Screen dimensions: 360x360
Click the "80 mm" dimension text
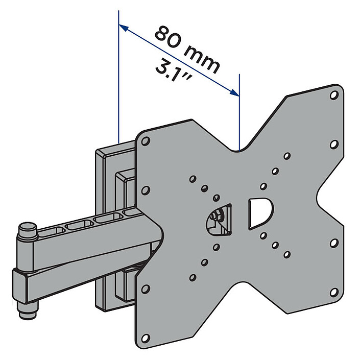click(x=187, y=50)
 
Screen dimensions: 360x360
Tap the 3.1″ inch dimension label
click(x=173, y=70)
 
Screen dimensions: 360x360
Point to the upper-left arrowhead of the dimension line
click(x=124, y=27)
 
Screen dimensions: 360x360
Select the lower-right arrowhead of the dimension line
click(x=234, y=92)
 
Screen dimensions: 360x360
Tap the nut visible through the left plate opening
click(x=215, y=215)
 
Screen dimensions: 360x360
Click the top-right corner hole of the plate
click(x=334, y=94)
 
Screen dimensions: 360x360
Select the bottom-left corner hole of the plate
click(x=145, y=338)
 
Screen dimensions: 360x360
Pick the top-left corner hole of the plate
click(x=146, y=141)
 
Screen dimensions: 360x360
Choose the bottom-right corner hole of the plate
click(x=334, y=292)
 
